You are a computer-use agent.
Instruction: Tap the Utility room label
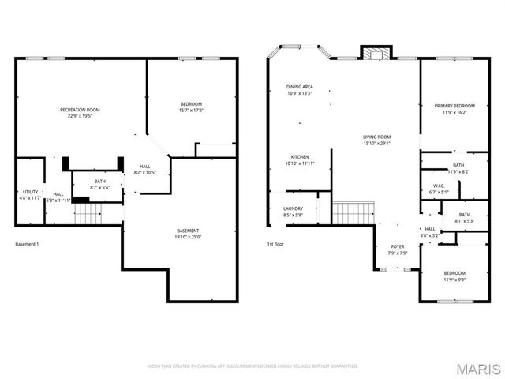click(x=30, y=194)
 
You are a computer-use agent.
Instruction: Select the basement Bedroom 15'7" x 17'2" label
click(x=191, y=107)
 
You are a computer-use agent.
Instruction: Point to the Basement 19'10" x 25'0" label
click(x=188, y=233)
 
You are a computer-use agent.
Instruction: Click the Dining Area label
click(x=300, y=89)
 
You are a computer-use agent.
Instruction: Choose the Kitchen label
click(x=300, y=159)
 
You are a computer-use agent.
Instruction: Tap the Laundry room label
click(x=293, y=212)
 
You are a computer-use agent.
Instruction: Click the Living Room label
click(x=377, y=140)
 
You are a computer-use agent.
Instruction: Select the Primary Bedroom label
click(x=454, y=109)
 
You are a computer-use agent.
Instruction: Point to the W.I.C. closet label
click(x=438, y=189)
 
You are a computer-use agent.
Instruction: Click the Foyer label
click(x=398, y=250)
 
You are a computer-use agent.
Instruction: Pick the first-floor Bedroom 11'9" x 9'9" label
click(x=454, y=276)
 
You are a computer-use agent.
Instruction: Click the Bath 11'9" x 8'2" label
click(x=458, y=167)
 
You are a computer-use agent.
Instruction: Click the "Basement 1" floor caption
click(x=27, y=244)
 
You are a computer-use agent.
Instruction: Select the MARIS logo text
click(x=477, y=368)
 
